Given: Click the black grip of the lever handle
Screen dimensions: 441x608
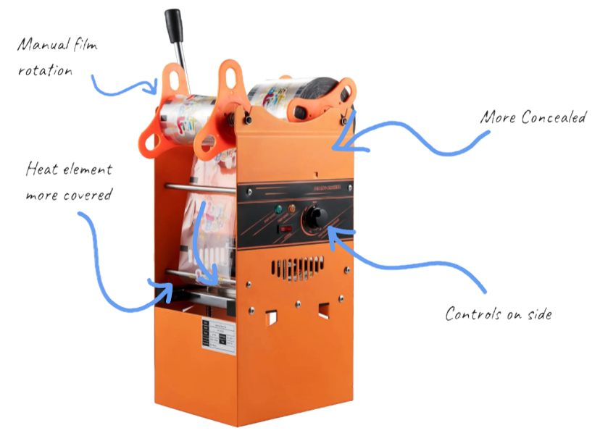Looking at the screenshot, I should [174, 27].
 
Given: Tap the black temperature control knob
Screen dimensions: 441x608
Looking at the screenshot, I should [317, 216].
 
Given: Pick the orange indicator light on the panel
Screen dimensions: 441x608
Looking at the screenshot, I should [292, 209].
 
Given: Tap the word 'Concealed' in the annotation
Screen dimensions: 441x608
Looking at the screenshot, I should [558, 119].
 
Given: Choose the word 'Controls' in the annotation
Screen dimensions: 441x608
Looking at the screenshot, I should [472, 315].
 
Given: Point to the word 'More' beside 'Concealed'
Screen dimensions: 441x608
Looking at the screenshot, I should [496, 119].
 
